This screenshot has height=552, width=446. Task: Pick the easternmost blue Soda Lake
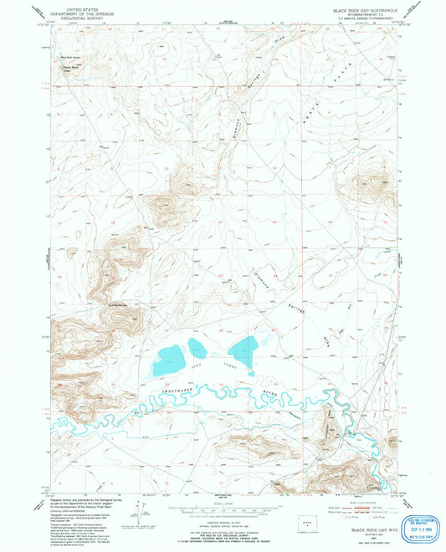(244, 345)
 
